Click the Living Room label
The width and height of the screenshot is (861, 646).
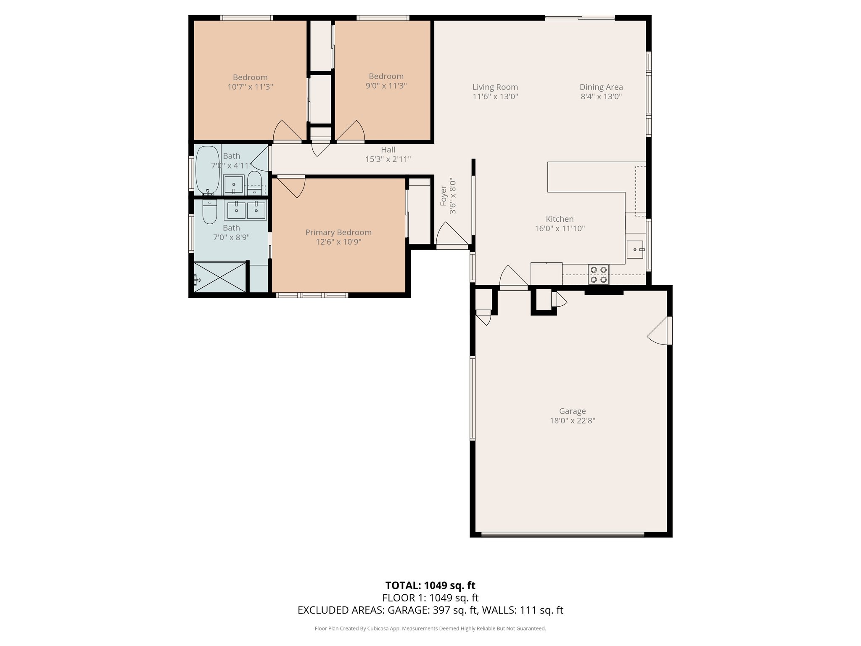(495, 87)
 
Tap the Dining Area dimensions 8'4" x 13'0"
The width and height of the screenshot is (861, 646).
(601, 96)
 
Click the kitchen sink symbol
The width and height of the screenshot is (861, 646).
(636, 249)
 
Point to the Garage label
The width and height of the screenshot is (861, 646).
(572, 411)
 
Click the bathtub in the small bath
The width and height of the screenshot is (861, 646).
(208, 170)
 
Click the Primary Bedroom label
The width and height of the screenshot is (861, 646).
(338, 232)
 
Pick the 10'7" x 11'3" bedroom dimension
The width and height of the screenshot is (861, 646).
(250, 87)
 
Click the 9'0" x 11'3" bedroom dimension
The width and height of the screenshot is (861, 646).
(386, 86)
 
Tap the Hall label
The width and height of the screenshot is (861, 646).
(388, 149)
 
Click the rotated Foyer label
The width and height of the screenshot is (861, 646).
(443, 196)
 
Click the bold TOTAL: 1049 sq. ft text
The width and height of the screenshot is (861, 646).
(430, 585)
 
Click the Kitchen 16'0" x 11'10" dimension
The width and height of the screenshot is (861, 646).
(560, 228)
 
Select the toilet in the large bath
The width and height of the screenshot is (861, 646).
(209, 212)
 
